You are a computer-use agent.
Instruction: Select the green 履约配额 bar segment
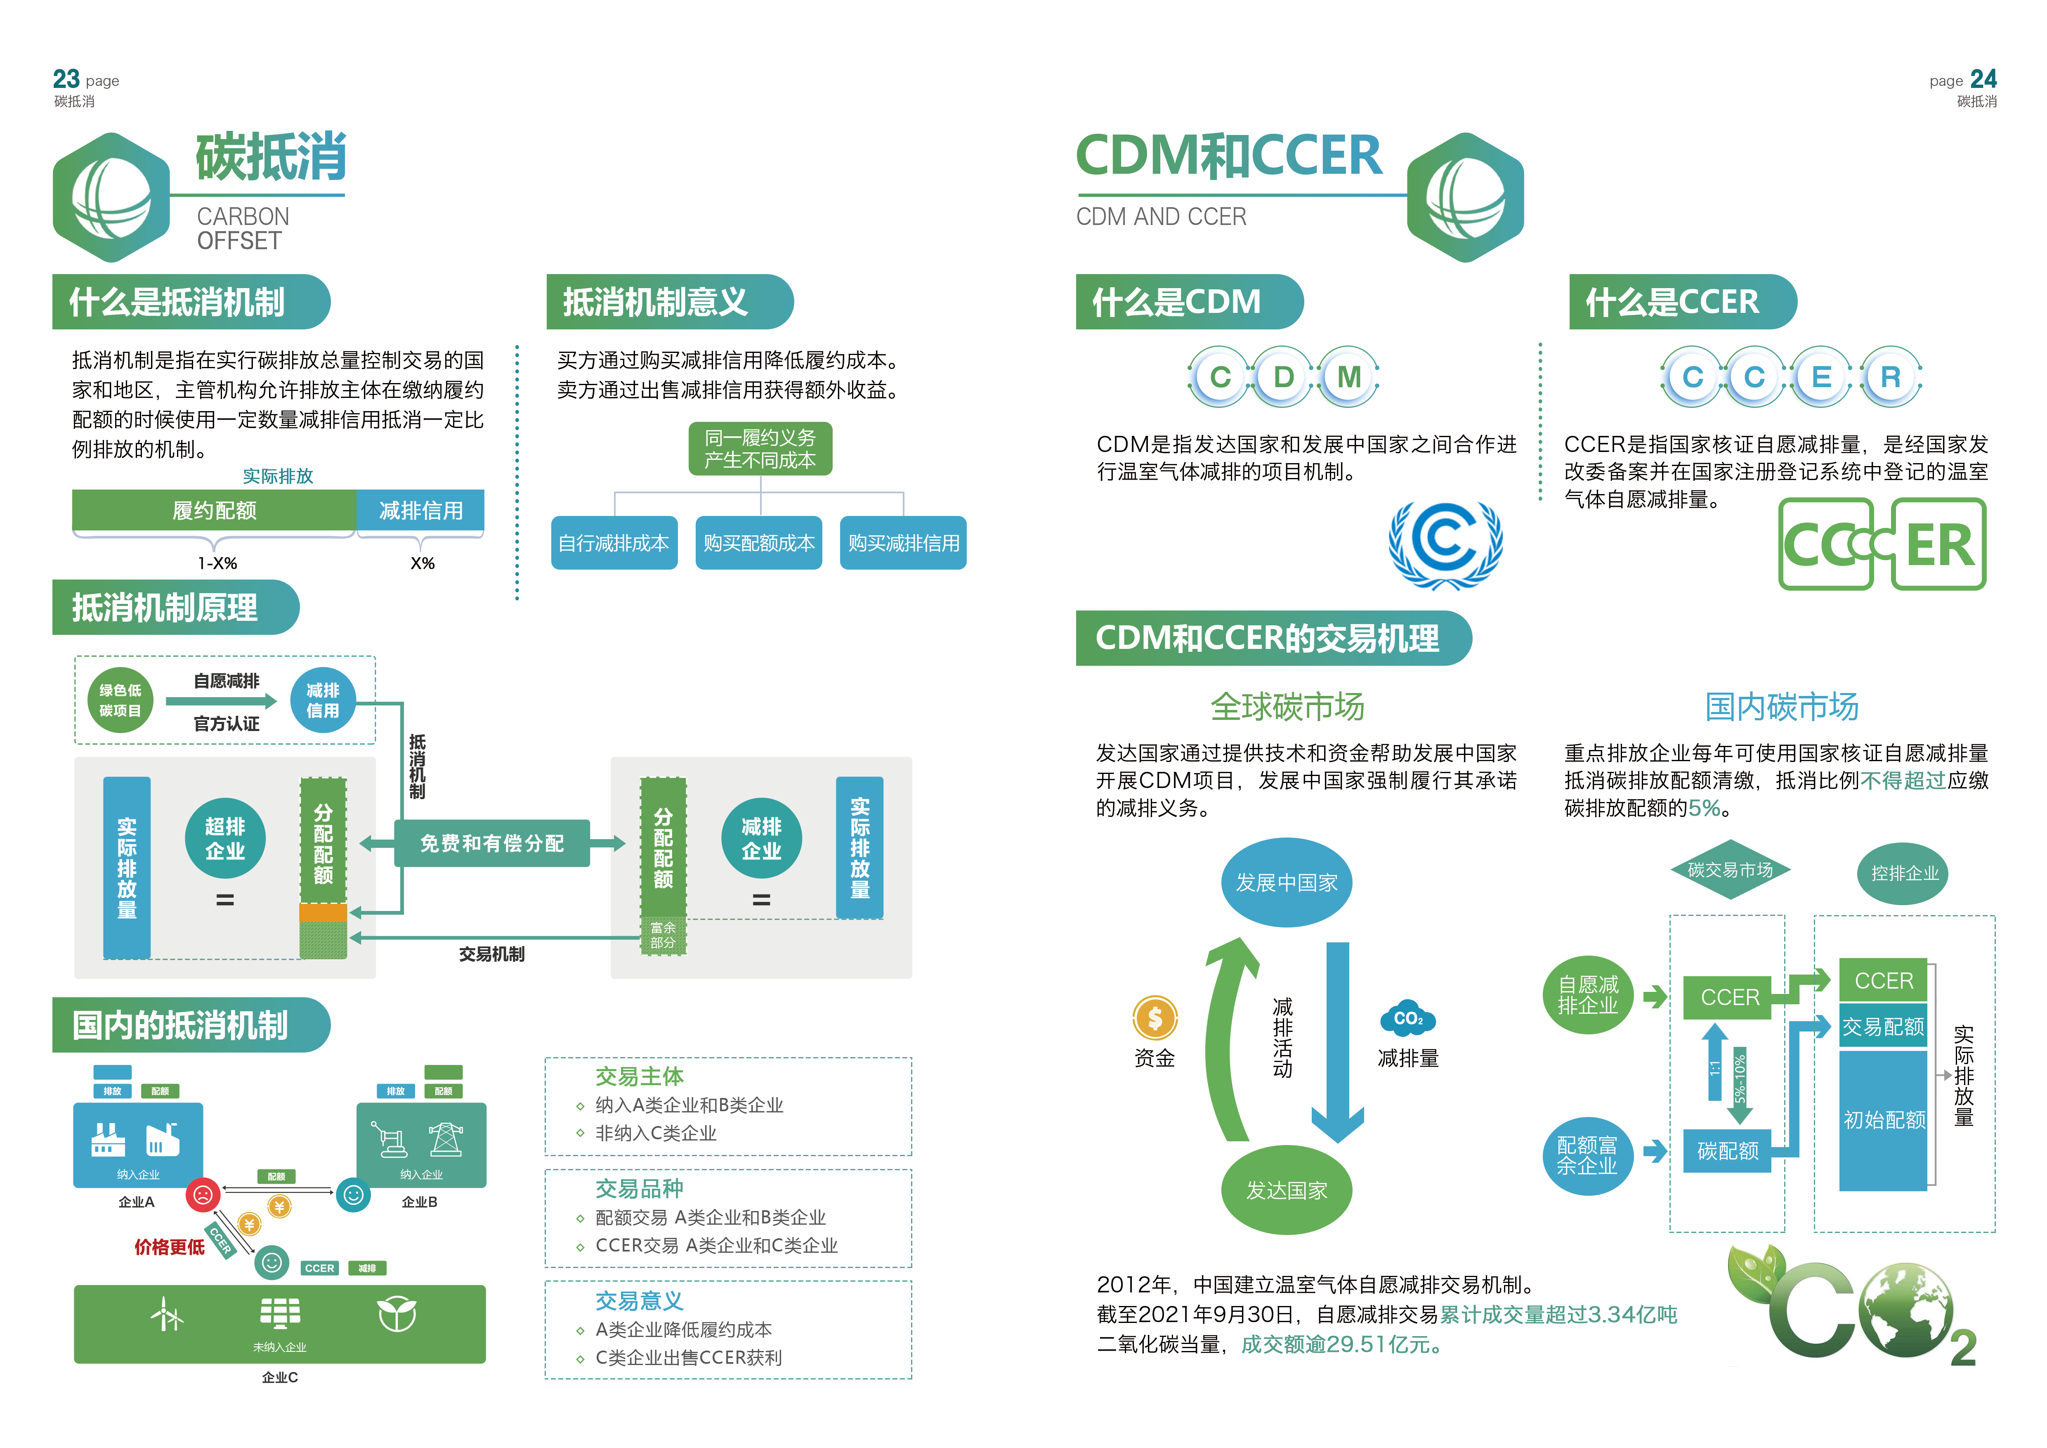pyautogui.click(x=214, y=511)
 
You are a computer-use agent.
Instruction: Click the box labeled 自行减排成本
pyautogui.click(x=614, y=543)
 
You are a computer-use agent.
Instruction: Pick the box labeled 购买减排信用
pyautogui.click(x=903, y=543)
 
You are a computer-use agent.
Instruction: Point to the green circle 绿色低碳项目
pyautogui.click(x=120, y=700)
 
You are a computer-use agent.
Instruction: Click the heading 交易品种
pyautogui.click(x=639, y=1188)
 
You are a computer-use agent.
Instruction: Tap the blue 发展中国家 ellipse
pyautogui.click(x=1287, y=883)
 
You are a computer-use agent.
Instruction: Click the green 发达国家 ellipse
pyautogui.click(x=1287, y=1190)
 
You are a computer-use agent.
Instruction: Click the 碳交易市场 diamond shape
pyautogui.click(x=1730, y=869)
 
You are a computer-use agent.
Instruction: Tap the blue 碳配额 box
pyautogui.click(x=1728, y=1151)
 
